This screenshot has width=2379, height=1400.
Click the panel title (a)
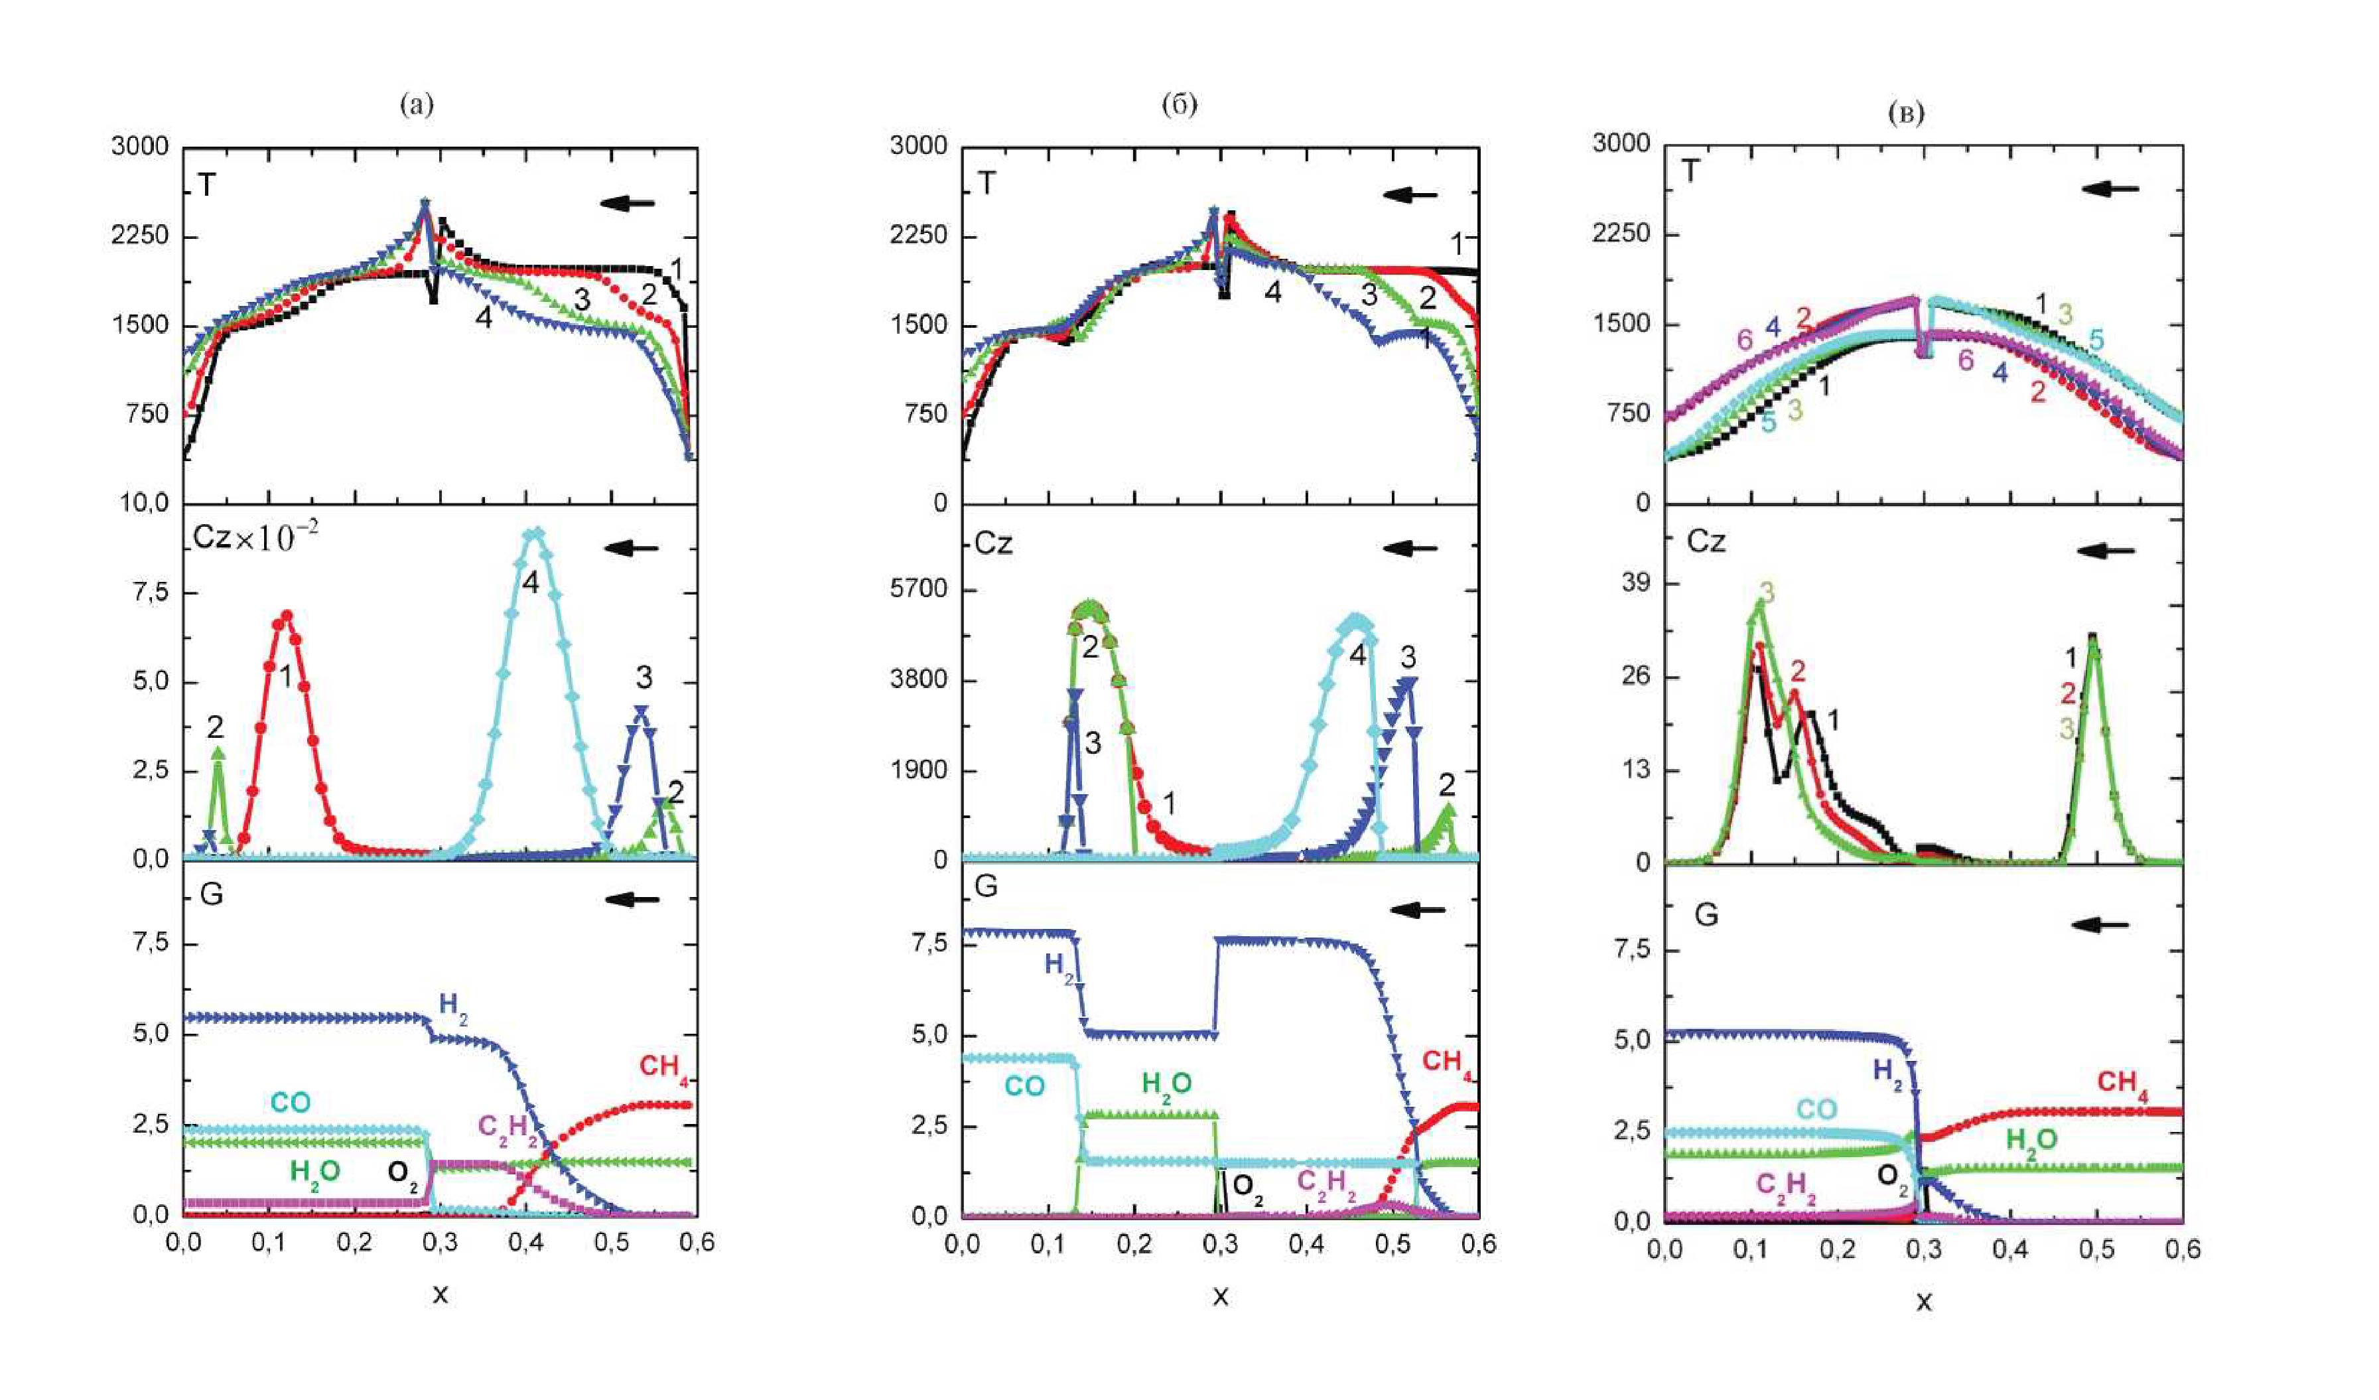[x=417, y=104]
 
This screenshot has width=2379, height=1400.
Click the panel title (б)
[x=1179, y=104]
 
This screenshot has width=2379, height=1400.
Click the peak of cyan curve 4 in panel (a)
[x=534, y=534]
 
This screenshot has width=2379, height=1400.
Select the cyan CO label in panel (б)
[x=1024, y=1087]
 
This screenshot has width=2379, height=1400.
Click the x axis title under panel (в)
[x=1923, y=1302]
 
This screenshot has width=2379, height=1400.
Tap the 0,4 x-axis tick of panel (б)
[x=1306, y=1244]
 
